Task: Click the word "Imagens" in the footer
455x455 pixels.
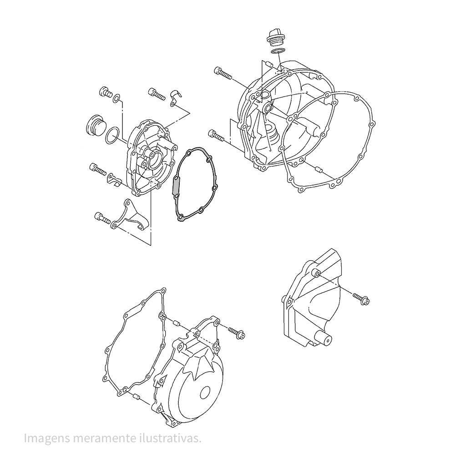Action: click(x=46, y=439)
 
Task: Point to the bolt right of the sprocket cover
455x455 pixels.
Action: click(x=361, y=299)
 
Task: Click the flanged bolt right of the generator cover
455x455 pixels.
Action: click(x=237, y=333)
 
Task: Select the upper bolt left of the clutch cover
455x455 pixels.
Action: click(x=223, y=72)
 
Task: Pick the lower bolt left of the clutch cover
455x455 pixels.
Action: click(x=216, y=136)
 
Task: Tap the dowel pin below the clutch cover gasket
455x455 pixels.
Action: click(x=318, y=169)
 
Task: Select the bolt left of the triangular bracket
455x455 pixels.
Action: click(x=102, y=218)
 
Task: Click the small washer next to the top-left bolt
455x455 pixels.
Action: click(x=116, y=98)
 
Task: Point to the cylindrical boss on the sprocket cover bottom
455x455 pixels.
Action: click(x=324, y=339)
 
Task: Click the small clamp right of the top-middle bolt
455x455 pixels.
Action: click(x=175, y=98)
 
